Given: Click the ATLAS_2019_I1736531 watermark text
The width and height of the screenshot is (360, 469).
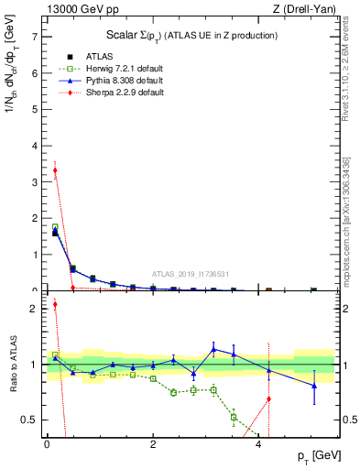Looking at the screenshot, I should (190, 273).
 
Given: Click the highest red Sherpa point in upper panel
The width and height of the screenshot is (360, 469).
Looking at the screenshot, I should (55, 170).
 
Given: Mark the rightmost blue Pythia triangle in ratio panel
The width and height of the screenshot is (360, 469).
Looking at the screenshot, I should (314, 386).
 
